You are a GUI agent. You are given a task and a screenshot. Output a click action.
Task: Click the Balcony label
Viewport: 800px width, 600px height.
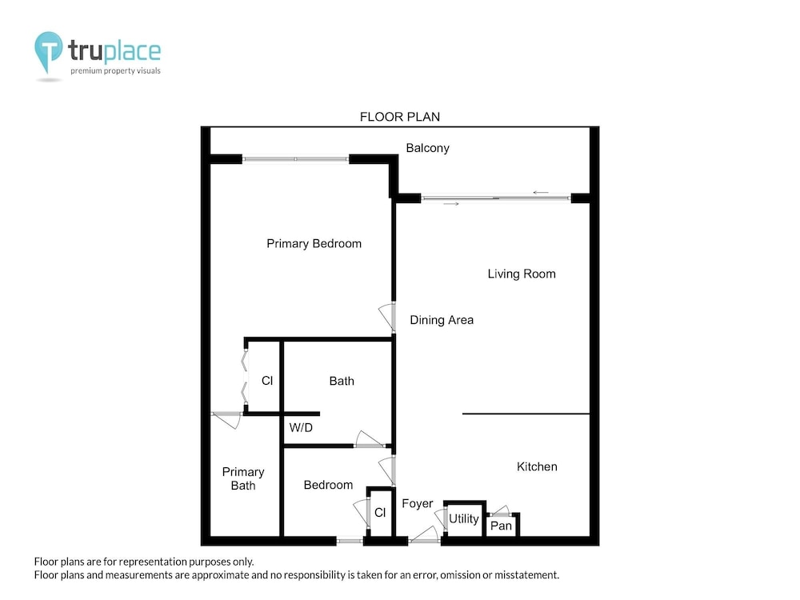click(427, 149)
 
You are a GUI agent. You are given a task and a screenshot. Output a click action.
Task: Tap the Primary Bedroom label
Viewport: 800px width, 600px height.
click(314, 244)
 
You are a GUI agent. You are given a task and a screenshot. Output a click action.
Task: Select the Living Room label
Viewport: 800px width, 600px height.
click(522, 274)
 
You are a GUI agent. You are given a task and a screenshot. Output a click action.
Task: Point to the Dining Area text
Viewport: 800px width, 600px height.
click(442, 320)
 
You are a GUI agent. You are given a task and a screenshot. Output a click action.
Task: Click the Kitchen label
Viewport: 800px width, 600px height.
click(537, 466)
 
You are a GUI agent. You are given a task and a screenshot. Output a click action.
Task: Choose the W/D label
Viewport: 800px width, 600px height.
click(301, 427)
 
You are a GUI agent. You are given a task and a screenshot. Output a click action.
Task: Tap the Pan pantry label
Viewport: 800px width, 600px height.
click(501, 526)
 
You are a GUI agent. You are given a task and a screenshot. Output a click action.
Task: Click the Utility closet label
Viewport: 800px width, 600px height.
click(464, 519)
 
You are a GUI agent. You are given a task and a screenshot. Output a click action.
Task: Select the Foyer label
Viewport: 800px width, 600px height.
click(418, 503)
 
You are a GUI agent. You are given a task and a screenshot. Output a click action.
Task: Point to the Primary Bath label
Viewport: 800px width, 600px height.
click(243, 478)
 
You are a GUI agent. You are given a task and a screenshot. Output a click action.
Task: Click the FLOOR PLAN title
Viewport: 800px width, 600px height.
click(400, 117)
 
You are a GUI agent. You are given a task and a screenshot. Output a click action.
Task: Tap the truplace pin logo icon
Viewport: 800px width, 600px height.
click(49, 51)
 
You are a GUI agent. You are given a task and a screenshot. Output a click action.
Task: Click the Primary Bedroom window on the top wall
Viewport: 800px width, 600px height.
click(295, 159)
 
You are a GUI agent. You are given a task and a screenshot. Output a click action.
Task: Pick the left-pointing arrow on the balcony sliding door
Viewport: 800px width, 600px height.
click(541, 192)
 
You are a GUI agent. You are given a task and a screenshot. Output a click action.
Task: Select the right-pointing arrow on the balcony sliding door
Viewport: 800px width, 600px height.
click(451, 203)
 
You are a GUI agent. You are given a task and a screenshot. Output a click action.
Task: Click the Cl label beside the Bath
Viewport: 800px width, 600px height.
click(267, 381)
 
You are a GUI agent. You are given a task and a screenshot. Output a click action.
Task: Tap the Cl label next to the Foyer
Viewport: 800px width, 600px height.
click(380, 513)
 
